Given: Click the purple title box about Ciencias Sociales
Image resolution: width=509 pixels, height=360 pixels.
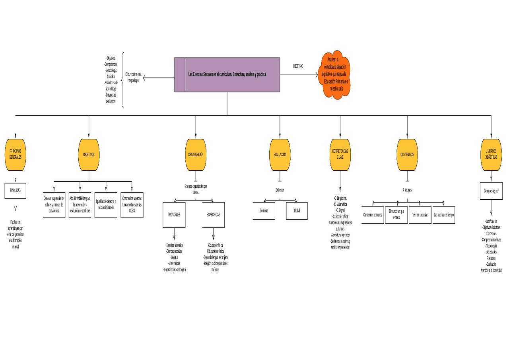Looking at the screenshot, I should (x=227, y=75).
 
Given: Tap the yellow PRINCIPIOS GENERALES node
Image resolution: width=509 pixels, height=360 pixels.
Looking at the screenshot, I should (x=16, y=155).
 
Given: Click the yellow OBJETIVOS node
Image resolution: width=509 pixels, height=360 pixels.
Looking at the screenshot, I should (x=89, y=155).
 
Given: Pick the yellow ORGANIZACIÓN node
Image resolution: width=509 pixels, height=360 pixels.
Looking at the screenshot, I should (x=196, y=155).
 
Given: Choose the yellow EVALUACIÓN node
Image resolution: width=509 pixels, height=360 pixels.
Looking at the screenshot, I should (x=280, y=155).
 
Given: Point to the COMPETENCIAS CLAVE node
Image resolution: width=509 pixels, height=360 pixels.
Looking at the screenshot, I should (x=340, y=155).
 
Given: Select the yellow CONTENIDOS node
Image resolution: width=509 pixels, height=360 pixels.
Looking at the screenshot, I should (x=407, y=155).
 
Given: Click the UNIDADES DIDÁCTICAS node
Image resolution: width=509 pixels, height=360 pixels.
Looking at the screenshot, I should (x=491, y=155).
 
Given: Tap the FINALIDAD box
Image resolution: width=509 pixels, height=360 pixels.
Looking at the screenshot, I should (x=16, y=191).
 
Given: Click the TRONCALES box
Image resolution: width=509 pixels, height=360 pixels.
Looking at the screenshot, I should (x=174, y=215).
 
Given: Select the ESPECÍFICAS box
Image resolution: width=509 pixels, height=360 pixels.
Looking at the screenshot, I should (x=213, y=215).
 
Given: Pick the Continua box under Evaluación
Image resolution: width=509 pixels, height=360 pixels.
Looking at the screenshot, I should (x=264, y=211).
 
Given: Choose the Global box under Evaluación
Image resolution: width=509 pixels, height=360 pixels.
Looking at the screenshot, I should (x=297, y=211).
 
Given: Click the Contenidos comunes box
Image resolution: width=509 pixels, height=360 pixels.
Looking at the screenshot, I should (x=373, y=215).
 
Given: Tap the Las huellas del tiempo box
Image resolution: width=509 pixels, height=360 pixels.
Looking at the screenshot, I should (x=444, y=215).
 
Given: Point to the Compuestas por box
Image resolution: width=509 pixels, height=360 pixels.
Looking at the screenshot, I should (x=491, y=191).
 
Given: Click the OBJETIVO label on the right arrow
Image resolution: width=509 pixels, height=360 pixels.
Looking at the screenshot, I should (x=298, y=66).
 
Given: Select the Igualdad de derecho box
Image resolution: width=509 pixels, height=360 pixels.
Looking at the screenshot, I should (x=106, y=205).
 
